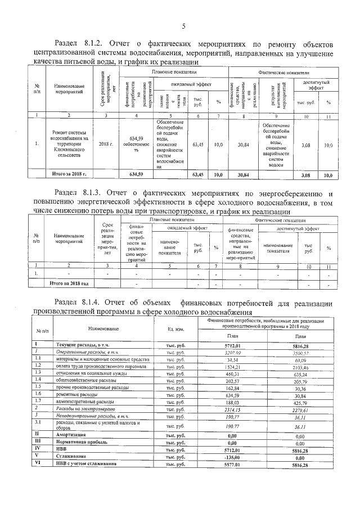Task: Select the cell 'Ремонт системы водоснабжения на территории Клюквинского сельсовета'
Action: [x=69, y=144]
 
